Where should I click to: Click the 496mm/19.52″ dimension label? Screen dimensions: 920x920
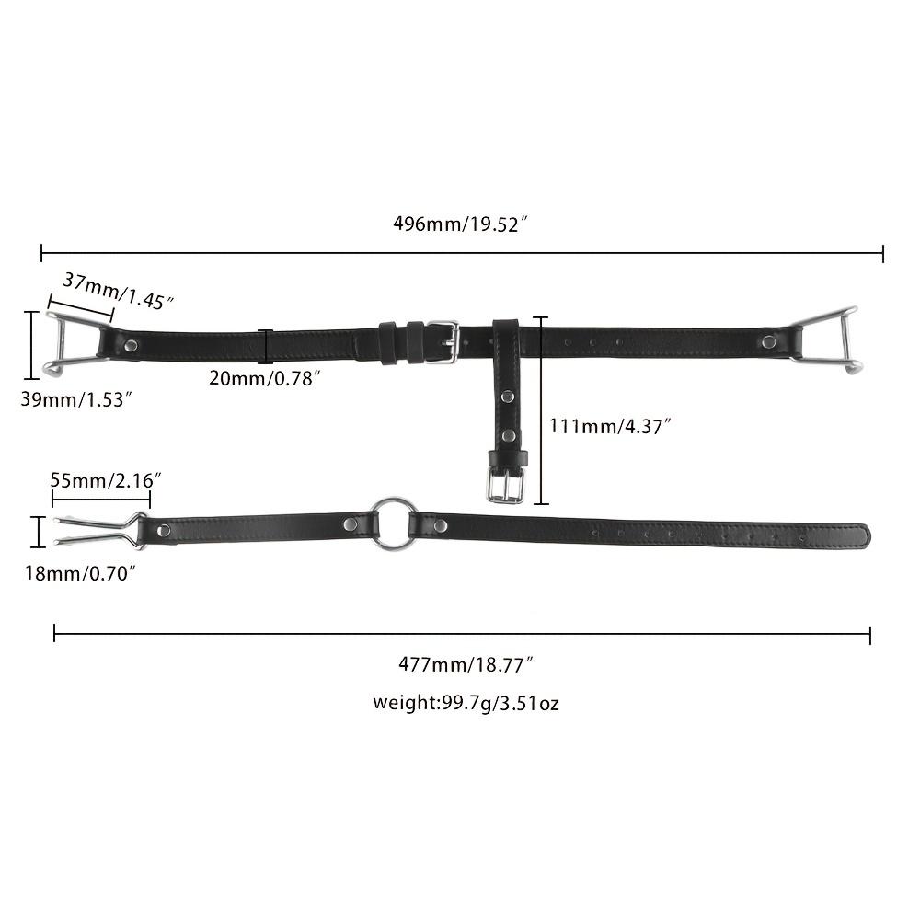click(461, 224)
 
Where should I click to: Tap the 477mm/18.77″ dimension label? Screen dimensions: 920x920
click(466, 664)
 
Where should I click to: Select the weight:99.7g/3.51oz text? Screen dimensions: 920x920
click(466, 702)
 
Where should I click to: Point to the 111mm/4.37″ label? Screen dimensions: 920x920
click(610, 425)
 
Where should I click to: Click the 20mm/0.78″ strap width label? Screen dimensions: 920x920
click(265, 378)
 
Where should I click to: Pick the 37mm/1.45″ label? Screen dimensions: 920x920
click(118, 291)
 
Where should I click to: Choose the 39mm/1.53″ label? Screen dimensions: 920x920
click(75, 399)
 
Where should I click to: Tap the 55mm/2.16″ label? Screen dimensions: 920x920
click(106, 480)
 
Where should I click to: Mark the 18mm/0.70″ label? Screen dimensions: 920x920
click(80, 572)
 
